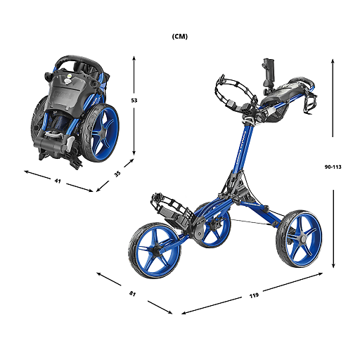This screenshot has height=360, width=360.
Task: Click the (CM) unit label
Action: [179, 35]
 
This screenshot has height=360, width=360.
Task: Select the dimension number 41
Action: [58, 181]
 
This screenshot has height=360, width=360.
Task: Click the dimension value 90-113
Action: [333, 167]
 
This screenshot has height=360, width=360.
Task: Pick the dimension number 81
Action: [133, 292]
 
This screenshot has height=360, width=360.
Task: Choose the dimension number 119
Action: [254, 295]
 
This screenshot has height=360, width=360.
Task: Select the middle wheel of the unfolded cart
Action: [212, 224]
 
